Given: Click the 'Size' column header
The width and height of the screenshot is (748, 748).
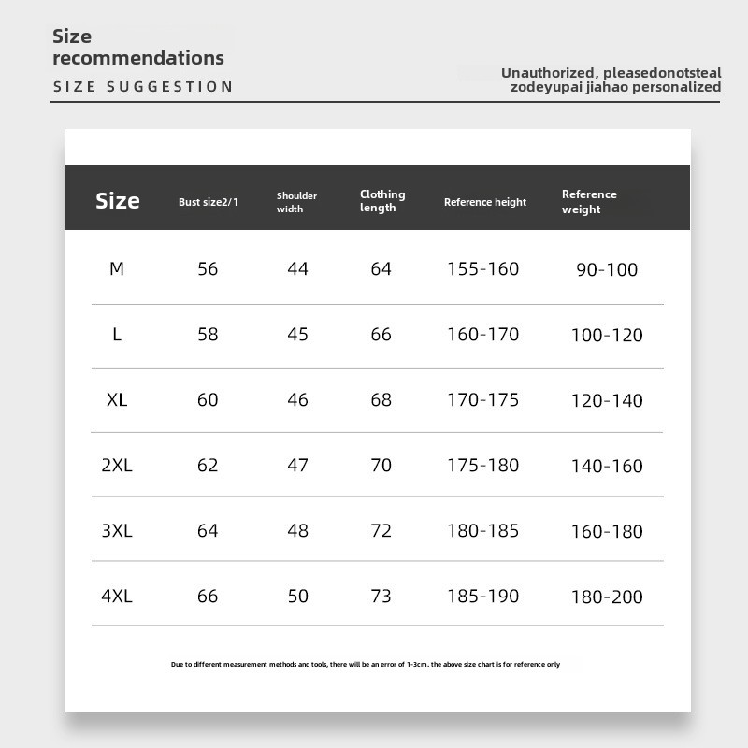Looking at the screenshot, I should pyautogui.click(x=118, y=201).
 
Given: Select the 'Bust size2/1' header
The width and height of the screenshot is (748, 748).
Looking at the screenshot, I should pyautogui.click(x=209, y=202).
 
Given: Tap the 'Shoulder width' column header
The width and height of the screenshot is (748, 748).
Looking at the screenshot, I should pyautogui.click(x=296, y=202).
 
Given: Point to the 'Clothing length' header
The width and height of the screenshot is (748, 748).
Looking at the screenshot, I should pyautogui.click(x=382, y=201).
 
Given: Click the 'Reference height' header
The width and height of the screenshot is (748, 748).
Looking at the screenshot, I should pyautogui.click(x=485, y=202).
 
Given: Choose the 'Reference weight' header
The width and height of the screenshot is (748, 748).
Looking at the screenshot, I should pyautogui.click(x=589, y=202).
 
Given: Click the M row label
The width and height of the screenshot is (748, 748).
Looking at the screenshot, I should pyautogui.click(x=117, y=269).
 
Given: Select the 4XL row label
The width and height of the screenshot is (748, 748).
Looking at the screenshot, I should pyautogui.click(x=117, y=596).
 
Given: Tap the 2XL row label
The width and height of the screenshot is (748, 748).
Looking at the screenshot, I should pyautogui.click(x=117, y=465).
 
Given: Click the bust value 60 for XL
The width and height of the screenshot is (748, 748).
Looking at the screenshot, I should pyautogui.click(x=208, y=400).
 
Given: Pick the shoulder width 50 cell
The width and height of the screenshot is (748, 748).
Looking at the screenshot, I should pyautogui.click(x=297, y=596).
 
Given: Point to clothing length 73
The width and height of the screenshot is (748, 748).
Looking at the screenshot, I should pyautogui.click(x=381, y=596).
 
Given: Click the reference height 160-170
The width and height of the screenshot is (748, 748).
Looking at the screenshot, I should pyautogui.click(x=482, y=335).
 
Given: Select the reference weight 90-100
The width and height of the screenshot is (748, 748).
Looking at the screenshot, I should pyautogui.click(x=607, y=270).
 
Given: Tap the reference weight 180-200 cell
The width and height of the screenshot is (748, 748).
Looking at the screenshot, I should pyautogui.click(x=607, y=597).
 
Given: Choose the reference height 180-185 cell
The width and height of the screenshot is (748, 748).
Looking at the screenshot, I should pyautogui.click(x=482, y=530).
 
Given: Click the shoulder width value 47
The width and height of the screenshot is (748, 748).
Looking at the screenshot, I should pyautogui.click(x=297, y=465).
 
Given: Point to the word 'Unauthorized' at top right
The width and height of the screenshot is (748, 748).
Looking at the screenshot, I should pyautogui.click(x=548, y=73).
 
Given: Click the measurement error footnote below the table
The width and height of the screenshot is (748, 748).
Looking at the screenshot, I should pyautogui.click(x=366, y=665).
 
